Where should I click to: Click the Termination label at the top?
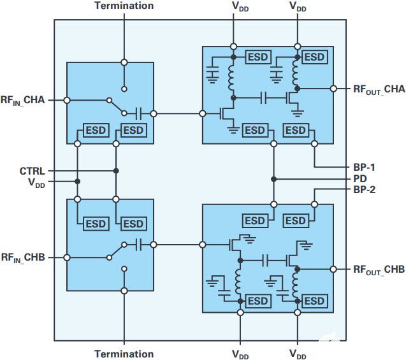point(124,6)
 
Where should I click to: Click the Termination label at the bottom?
point(124,354)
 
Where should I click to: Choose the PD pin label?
point(358,179)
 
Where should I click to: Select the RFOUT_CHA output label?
point(379,88)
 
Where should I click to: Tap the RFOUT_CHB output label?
point(379,270)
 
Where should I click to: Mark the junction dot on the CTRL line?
point(116,171)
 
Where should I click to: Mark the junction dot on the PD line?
point(273,179)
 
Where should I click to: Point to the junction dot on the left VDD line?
point(77,182)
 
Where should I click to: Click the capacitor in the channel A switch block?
point(139,114)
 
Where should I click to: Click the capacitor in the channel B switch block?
point(139,244)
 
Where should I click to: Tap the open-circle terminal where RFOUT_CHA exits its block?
point(333,88)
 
